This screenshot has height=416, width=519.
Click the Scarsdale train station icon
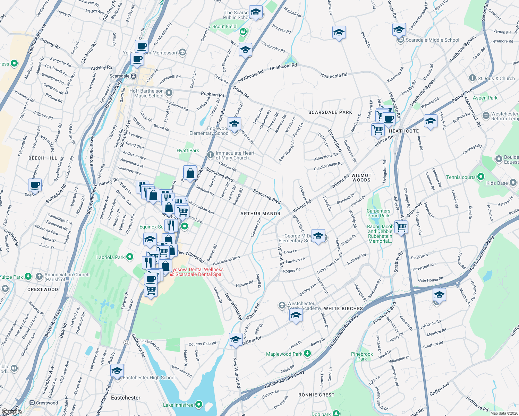pyautogui.click(x=134, y=76)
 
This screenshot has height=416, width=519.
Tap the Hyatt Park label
pyautogui.click(x=188, y=150)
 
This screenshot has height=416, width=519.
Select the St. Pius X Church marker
pyautogui.click(x=472, y=78)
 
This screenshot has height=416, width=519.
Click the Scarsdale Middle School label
pyautogui.click(x=432, y=40)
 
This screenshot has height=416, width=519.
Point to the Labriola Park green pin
pyautogui.click(x=130, y=257)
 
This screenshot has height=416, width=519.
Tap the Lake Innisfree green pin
pyautogui.click(x=199, y=405)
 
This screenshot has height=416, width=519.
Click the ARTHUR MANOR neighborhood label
pyautogui.click(x=260, y=214)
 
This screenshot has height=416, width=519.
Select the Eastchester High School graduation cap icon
pyautogui.click(x=117, y=371)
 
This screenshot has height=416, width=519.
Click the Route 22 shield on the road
pyautogui.click(x=127, y=343)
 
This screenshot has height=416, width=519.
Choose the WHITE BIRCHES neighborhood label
pyautogui.click(x=343, y=309)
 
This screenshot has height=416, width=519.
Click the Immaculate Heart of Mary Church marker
pyautogui.click(x=210, y=155)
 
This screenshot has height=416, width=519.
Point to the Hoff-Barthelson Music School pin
pyautogui.click(x=169, y=93)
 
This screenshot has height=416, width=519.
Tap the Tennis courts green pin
pyautogui.click(x=481, y=177)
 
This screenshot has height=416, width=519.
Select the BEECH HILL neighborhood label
pyautogui.click(x=43, y=158)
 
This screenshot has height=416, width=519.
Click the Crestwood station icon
pyautogui.click(x=32, y=403)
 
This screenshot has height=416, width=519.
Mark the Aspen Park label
pyautogui.click(x=485, y=98)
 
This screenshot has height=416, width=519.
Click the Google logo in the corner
pyautogui.click(x=11, y=411)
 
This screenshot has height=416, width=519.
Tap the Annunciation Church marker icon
pyautogui.click(x=39, y=277)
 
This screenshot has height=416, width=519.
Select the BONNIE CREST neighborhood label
pyautogui.click(x=316, y=395)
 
